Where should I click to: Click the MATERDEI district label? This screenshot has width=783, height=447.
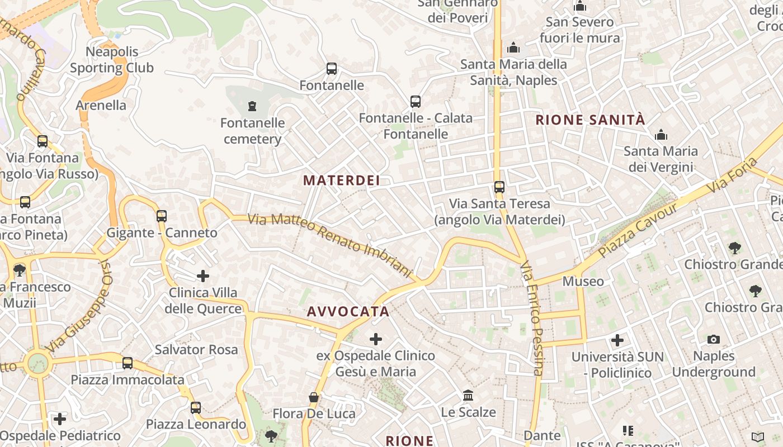click(341, 180)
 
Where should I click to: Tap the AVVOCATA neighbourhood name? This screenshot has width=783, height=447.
click(348, 312)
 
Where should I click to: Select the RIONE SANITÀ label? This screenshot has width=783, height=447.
click(590, 120)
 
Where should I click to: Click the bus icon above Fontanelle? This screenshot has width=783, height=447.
click(332, 69)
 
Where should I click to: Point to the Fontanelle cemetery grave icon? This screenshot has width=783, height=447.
click(252, 106)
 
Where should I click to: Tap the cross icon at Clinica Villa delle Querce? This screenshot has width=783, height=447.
click(203, 276)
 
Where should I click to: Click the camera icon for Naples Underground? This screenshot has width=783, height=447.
click(713, 339)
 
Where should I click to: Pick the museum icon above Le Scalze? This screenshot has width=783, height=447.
click(469, 396)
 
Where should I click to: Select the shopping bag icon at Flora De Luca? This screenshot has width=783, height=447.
click(314, 397)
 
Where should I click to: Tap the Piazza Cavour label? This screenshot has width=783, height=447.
click(638, 230)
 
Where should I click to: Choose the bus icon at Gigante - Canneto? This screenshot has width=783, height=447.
click(162, 216)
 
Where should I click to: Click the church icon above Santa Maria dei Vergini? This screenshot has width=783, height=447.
click(661, 135)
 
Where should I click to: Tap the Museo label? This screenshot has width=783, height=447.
click(583, 281)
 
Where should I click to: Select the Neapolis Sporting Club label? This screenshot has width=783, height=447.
click(112, 60)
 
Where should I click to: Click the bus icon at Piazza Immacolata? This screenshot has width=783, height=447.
click(128, 363)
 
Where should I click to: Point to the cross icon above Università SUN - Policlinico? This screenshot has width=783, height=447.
click(617, 340)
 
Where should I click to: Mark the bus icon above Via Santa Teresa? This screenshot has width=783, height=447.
click(499, 187)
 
